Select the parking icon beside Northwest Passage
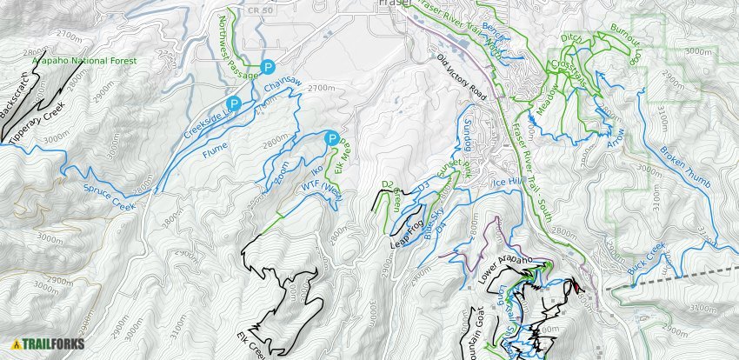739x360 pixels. coord(269,66)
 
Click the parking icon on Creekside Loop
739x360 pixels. coord(234,104)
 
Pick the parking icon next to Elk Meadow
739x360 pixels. coord(331,138)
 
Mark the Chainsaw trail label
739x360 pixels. coord(283,86)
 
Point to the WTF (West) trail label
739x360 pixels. coord(323,189)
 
